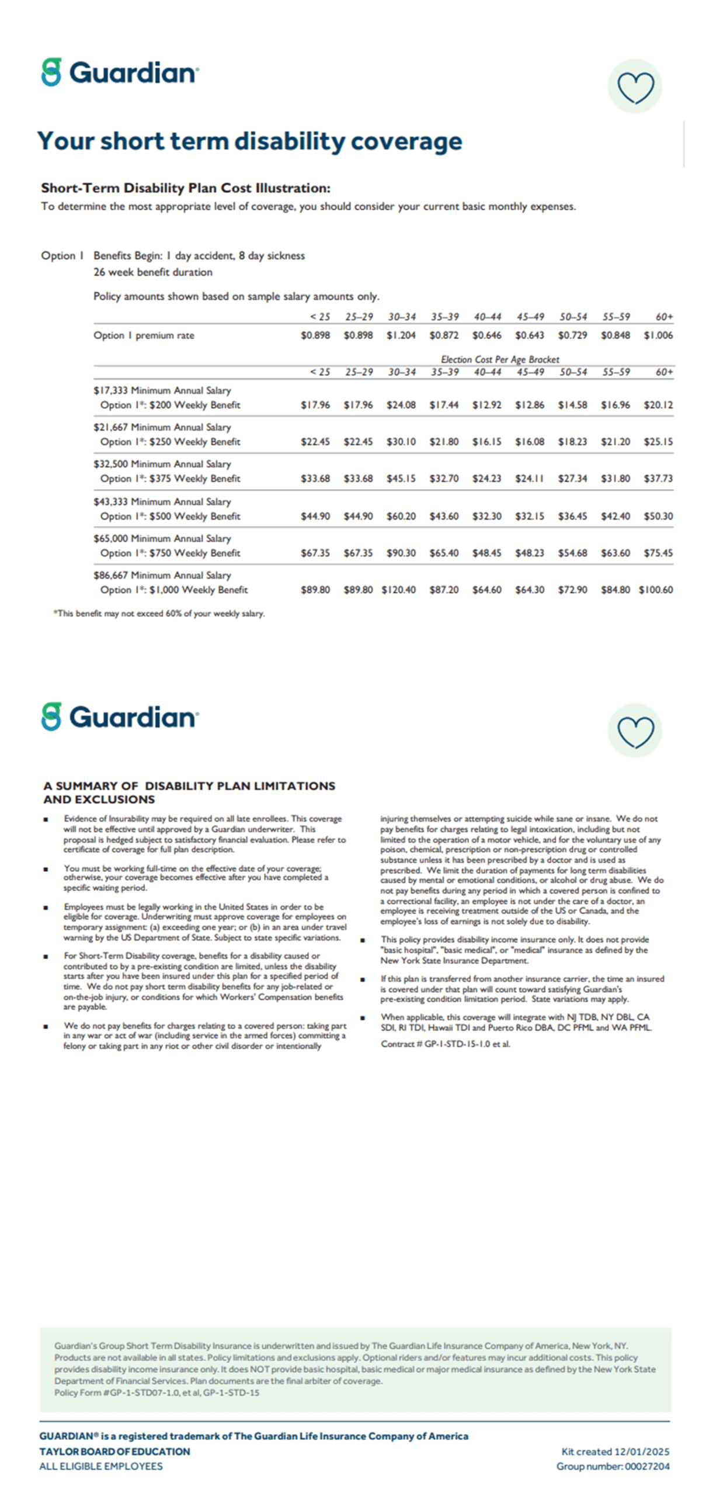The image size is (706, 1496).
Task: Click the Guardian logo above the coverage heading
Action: [x=120, y=73]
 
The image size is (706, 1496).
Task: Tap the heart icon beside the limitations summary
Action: [x=635, y=730]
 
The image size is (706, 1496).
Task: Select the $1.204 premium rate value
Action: [x=401, y=335]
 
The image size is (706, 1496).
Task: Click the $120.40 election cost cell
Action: [x=399, y=590]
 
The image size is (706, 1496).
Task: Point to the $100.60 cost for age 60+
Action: [x=656, y=590]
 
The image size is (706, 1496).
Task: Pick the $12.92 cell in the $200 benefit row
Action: [x=487, y=405]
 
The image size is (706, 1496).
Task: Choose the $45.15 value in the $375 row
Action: [x=401, y=479]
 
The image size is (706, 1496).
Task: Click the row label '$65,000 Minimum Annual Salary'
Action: [x=162, y=538]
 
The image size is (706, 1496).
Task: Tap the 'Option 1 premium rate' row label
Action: [x=144, y=335]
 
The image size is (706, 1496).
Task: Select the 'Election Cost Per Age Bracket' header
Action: [x=500, y=359]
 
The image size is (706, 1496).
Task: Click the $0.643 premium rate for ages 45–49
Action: [x=530, y=335]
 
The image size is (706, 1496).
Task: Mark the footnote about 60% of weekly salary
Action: [x=159, y=614]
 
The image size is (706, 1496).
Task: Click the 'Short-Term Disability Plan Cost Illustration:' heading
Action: [x=186, y=188]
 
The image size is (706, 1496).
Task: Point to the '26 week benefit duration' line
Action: [x=153, y=272]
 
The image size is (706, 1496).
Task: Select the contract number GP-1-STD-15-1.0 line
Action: [x=446, y=1044]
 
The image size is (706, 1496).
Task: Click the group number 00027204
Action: [x=613, y=1466]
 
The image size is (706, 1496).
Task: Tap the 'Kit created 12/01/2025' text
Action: [x=615, y=1452]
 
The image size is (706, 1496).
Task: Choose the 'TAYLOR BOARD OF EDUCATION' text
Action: [x=114, y=1452]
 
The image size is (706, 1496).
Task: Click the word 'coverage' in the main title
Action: [x=406, y=142]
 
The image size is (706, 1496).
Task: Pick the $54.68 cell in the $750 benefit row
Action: [x=572, y=553]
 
